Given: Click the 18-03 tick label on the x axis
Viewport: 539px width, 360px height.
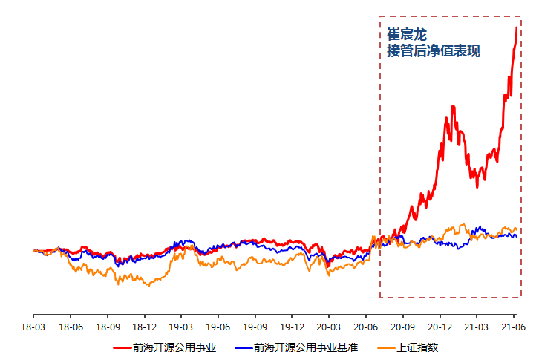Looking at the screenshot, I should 33,327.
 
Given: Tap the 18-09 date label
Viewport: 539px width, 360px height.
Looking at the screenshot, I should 107,327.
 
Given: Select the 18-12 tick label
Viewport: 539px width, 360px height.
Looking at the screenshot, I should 144,327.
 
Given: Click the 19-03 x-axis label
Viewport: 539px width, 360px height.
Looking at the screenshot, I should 181,327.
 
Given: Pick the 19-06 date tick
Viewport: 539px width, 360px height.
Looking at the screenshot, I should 218,327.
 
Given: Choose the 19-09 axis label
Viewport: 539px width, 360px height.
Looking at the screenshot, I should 255,327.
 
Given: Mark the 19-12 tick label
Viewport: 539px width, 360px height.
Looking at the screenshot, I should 292,327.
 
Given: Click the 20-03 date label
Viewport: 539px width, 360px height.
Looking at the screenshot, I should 329,327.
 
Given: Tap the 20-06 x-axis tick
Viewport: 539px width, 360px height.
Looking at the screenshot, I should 366,327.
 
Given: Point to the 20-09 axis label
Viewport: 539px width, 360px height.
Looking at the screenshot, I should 402,327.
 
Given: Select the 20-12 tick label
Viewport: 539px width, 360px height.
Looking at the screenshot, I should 440,327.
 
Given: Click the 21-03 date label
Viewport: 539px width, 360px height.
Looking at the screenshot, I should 477,327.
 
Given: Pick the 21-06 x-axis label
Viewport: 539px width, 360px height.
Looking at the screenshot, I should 514,327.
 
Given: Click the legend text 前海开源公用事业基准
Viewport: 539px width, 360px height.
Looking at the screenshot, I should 305,347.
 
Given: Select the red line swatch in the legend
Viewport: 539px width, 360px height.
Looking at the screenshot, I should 122,347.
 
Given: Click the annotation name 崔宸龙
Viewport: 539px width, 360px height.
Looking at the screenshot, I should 407,34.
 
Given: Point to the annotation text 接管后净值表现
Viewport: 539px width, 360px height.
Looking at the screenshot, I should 434,51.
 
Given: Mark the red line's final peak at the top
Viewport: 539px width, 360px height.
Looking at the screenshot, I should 516,27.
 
